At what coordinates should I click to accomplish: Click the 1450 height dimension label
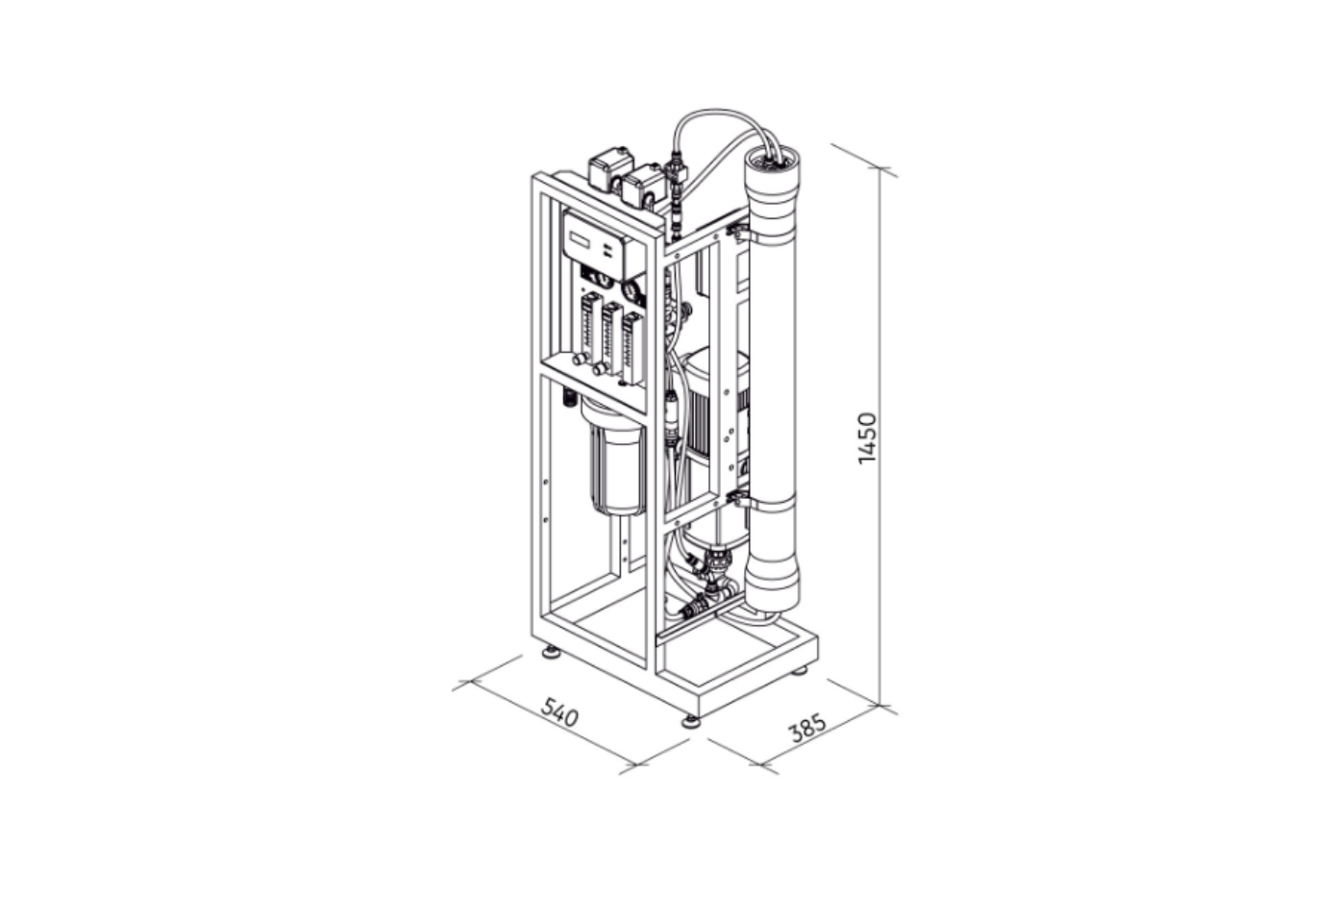point(868,438)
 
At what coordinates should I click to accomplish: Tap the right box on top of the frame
point(643,184)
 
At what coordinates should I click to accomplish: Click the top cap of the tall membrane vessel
point(773,172)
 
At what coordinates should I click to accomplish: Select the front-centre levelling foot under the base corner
point(691,721)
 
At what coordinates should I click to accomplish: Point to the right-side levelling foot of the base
point(799,670)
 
